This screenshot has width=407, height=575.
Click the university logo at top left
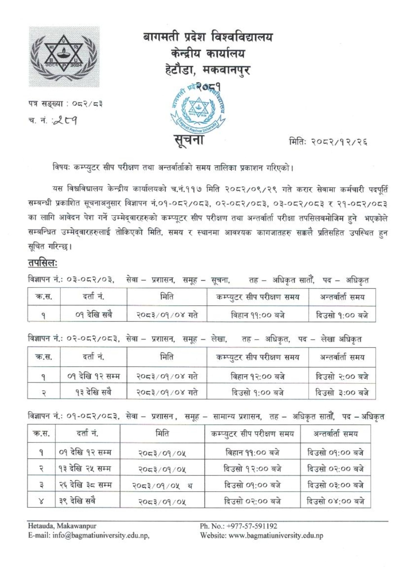(64, 57)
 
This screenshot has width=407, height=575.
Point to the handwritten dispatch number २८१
(66, 122)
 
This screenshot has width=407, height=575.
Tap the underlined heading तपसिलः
(43, 263)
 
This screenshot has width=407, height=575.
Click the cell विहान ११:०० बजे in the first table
(257, 314)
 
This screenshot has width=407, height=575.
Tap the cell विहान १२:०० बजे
(257, 376)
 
